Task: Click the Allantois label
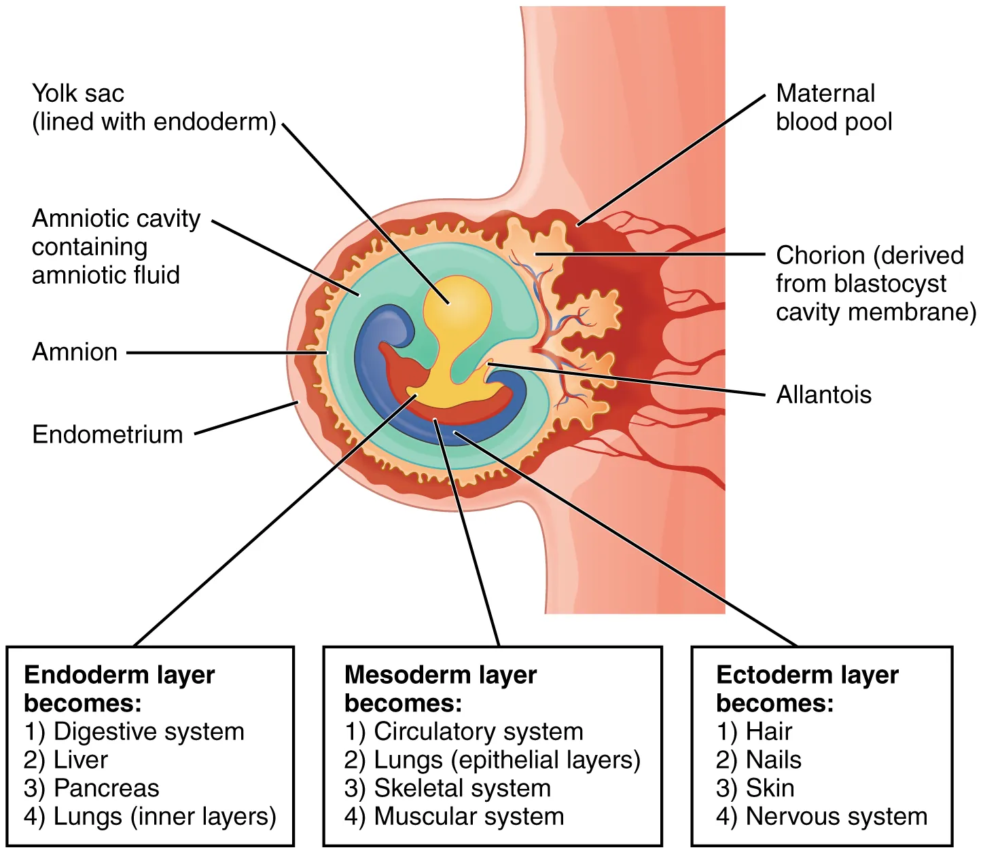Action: (823, 394)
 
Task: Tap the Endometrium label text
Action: (107, 435)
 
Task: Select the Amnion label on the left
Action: (75, 352)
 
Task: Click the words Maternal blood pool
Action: (834, 107)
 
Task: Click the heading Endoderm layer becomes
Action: (119, 688)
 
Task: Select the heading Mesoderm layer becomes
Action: (440, 688)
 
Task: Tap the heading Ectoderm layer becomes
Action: (807, 688)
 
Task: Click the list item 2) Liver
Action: (66, 760)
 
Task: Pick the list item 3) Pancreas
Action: (92, 788)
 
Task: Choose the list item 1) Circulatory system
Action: (464, 731)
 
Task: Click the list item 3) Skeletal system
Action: (448, 788)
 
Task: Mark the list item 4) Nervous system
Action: (821, 817)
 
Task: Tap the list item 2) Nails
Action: (759, 760)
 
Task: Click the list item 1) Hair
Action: (754, 731)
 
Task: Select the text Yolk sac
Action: (78, 93)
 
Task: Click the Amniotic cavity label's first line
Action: (116, 219)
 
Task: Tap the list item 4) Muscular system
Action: (454, 817)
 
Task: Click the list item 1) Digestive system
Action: (134, 731)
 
